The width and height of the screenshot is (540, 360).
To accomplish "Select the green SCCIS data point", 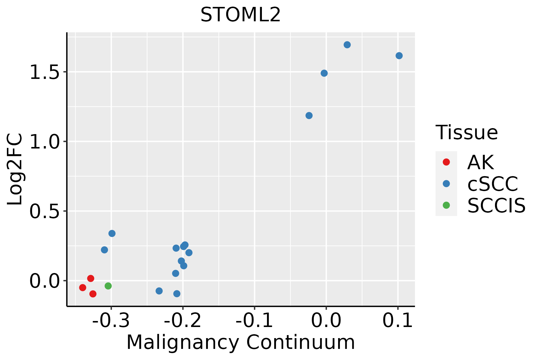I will click(x=108, y=286).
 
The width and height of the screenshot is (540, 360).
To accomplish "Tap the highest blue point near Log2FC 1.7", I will click(x=347, y=45).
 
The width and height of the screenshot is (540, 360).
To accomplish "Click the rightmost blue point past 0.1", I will click(x=399, y=56).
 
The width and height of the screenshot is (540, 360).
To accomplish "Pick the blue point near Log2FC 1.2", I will click(x=309, y=115).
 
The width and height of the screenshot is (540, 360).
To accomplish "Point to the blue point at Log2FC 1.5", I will click(x=324, y=73).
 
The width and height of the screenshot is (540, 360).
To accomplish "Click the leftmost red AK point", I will click(x=83, y=288).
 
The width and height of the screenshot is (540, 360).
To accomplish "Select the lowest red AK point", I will click(x=93, y=294).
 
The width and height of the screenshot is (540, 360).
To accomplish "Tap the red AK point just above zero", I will click(x=91, y=278).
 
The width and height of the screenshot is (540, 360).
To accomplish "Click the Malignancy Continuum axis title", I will click(x=241, y=342).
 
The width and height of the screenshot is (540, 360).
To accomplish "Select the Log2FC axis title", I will click(x=15, y=169).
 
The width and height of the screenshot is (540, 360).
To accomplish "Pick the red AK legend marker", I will click(x=446, y=162).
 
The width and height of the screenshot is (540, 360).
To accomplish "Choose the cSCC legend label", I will click(x=493, y=184).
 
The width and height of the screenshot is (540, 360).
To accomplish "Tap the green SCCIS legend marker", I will click(x=446, y=205).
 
